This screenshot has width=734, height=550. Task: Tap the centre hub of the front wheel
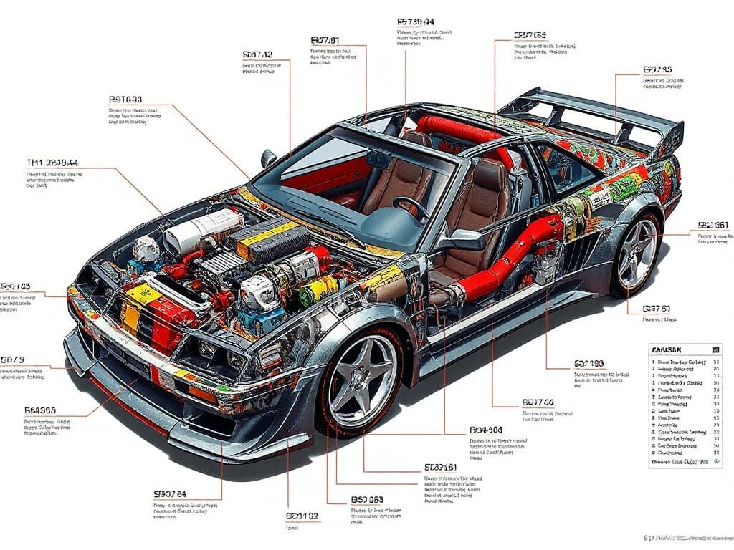point(362,380)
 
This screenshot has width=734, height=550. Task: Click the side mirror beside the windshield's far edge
point(269,158)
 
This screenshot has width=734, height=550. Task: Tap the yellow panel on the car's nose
point(143,294)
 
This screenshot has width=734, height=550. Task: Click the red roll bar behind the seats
point(459,130)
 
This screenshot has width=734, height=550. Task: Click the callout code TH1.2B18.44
point(52,163)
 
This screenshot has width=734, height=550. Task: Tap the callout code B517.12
point(258,54)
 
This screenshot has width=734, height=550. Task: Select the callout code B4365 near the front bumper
point(40,411)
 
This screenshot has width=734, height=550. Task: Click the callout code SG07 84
point(170,494)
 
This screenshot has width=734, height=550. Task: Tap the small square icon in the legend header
point(715,349)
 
